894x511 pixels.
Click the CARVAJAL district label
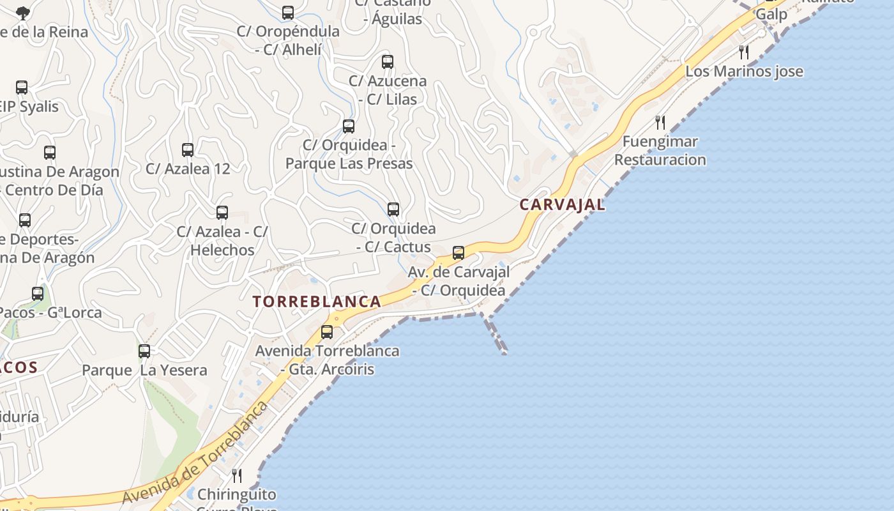click(x=562, y=204)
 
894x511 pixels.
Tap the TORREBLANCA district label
click(x=317, y=301)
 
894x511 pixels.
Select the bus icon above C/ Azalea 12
click(x=188, y=150)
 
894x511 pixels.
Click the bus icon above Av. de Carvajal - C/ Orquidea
click(x=458, y=253)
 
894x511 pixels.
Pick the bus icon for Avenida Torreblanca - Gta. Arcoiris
click(x=327, y=332)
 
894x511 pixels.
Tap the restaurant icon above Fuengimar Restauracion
click(x=660, y=122)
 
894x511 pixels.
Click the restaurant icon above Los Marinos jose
click(x=744, y=52)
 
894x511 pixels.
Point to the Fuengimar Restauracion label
click(x=660, y=151)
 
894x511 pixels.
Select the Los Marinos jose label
click(x=744, y=71)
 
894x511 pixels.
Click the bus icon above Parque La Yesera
click(x=144, y=351)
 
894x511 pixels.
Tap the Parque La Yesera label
click(x=144, y=370)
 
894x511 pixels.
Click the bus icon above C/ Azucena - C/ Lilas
click(x=388, y=62)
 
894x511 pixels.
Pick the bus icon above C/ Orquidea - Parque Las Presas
click(x=349, y=126)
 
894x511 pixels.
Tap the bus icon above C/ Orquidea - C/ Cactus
click(x=393, y=210)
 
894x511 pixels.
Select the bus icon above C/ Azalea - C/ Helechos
click(x=222, y=213)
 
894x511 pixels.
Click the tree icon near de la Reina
click(x=23, y=13)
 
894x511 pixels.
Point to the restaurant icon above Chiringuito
click(x=237, y=475)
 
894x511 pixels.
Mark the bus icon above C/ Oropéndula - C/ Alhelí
click(x=288, y=13)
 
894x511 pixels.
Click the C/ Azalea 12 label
click(x=188, y=169)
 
